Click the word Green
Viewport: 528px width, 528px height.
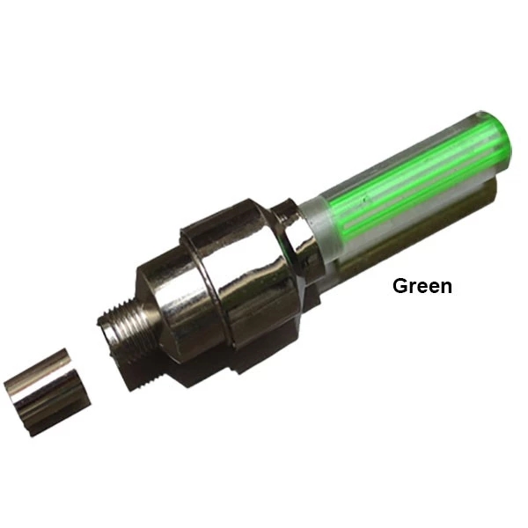[422, 286]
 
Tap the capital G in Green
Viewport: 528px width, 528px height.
[400, 286]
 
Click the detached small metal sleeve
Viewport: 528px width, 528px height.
[48, 392]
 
